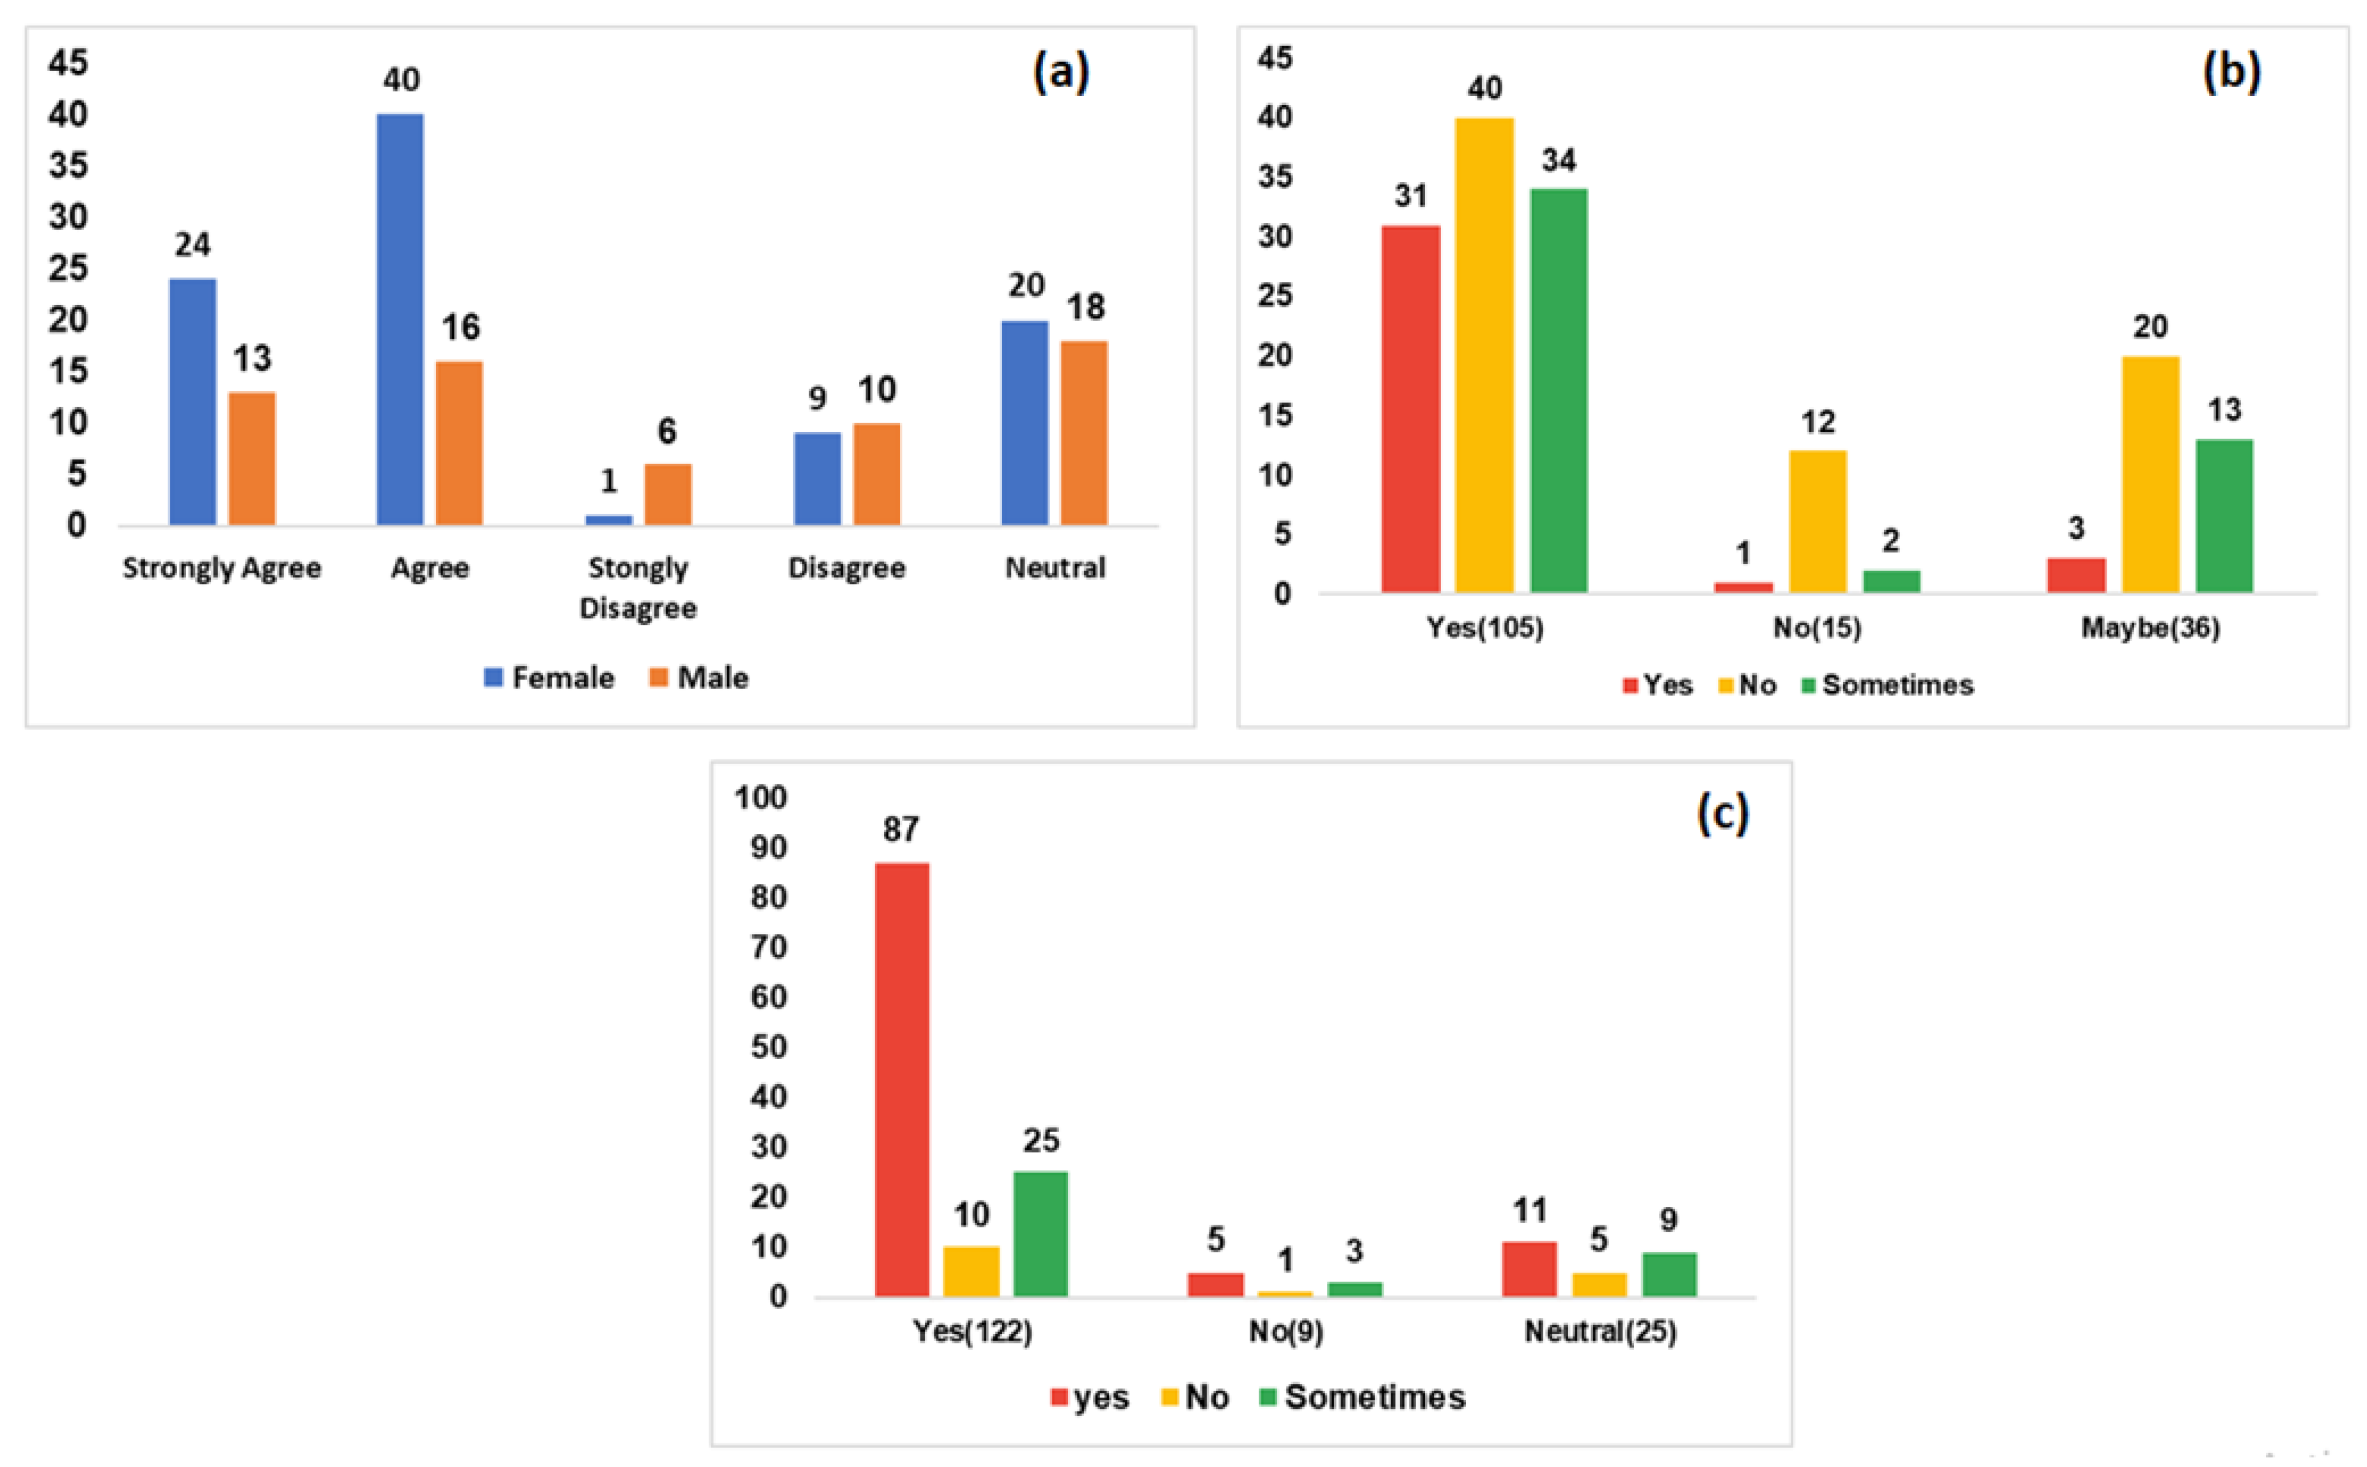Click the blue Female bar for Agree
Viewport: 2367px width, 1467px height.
click(400, 320)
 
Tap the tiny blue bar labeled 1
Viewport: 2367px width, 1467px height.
click(608, 520)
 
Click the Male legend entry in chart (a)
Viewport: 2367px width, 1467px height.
click(699, 677)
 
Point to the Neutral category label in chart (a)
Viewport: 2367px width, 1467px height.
click(1055, 568)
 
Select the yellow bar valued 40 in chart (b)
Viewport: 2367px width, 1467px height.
click(1484, 354)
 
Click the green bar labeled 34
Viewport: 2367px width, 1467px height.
click(1559, 390)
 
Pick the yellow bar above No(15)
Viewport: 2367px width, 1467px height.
click(1818, 521)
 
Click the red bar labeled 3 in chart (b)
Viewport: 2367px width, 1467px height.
click(2076, 575)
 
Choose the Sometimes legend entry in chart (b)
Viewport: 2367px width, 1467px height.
click(1887, 685)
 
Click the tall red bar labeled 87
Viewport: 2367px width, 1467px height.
click(902, 1079)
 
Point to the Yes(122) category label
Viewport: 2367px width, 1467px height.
click(971, 1331)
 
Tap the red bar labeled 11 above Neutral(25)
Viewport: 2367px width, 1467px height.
click(1529, 1269)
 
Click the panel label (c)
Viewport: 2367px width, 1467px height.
click(1722, 811)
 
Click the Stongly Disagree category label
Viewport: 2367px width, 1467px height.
click(638, 588)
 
